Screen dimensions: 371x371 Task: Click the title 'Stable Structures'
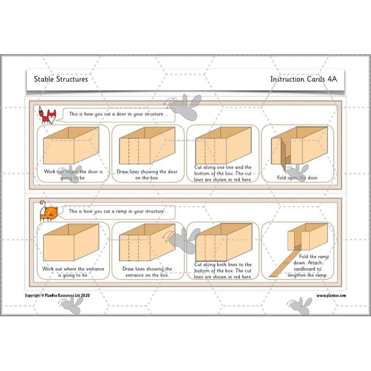click(60, 79)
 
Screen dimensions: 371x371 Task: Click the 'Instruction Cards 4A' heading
click(303, 79)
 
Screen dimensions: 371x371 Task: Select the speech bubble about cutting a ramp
click(120, 212)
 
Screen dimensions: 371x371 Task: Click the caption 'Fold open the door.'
click(298, 178)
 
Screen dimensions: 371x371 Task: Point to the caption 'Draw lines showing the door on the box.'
click(147, 175)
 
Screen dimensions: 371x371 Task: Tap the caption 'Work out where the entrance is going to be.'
click(73, 272)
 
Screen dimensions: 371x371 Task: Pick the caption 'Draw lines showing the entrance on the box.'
click(147, 272)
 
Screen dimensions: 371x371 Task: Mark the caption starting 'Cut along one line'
click(223, 173)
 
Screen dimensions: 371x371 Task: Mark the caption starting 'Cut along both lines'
click(223, 271)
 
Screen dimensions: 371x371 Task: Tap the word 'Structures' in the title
click(72, 79)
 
